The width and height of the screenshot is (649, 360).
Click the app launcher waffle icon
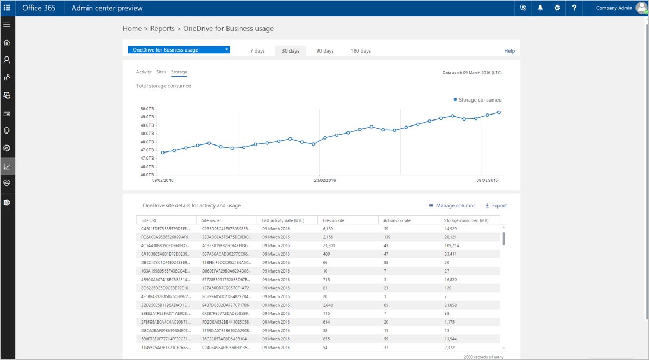click(7, 8)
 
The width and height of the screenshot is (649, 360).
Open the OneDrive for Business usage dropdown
click(179, 50)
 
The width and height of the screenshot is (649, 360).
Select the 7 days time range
click(257, 51)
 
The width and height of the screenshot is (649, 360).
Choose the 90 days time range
click(325, 51)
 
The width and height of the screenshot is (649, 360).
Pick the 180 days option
click(361, 51)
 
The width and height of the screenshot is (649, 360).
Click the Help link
click(509, 51)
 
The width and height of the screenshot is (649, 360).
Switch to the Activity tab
click(143, 72)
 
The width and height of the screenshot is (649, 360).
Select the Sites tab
click(161, 72)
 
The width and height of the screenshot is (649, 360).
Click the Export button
click(495, 206)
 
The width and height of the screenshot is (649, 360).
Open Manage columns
click(452, 206)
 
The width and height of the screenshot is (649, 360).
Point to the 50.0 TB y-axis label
click(147, 109)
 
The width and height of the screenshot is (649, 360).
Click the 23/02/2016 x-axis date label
click(325, 180)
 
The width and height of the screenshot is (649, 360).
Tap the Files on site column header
click(333, 220)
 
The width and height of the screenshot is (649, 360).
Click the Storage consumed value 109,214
click(451, 245)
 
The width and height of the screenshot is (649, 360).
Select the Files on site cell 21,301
click(329, 245)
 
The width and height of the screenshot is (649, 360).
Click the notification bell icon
click(540, 8)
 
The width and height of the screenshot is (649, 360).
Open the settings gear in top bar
click(557, 8)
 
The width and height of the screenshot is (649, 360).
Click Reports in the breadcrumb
click(162, 29)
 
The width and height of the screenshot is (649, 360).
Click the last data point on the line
click(499, 112)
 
